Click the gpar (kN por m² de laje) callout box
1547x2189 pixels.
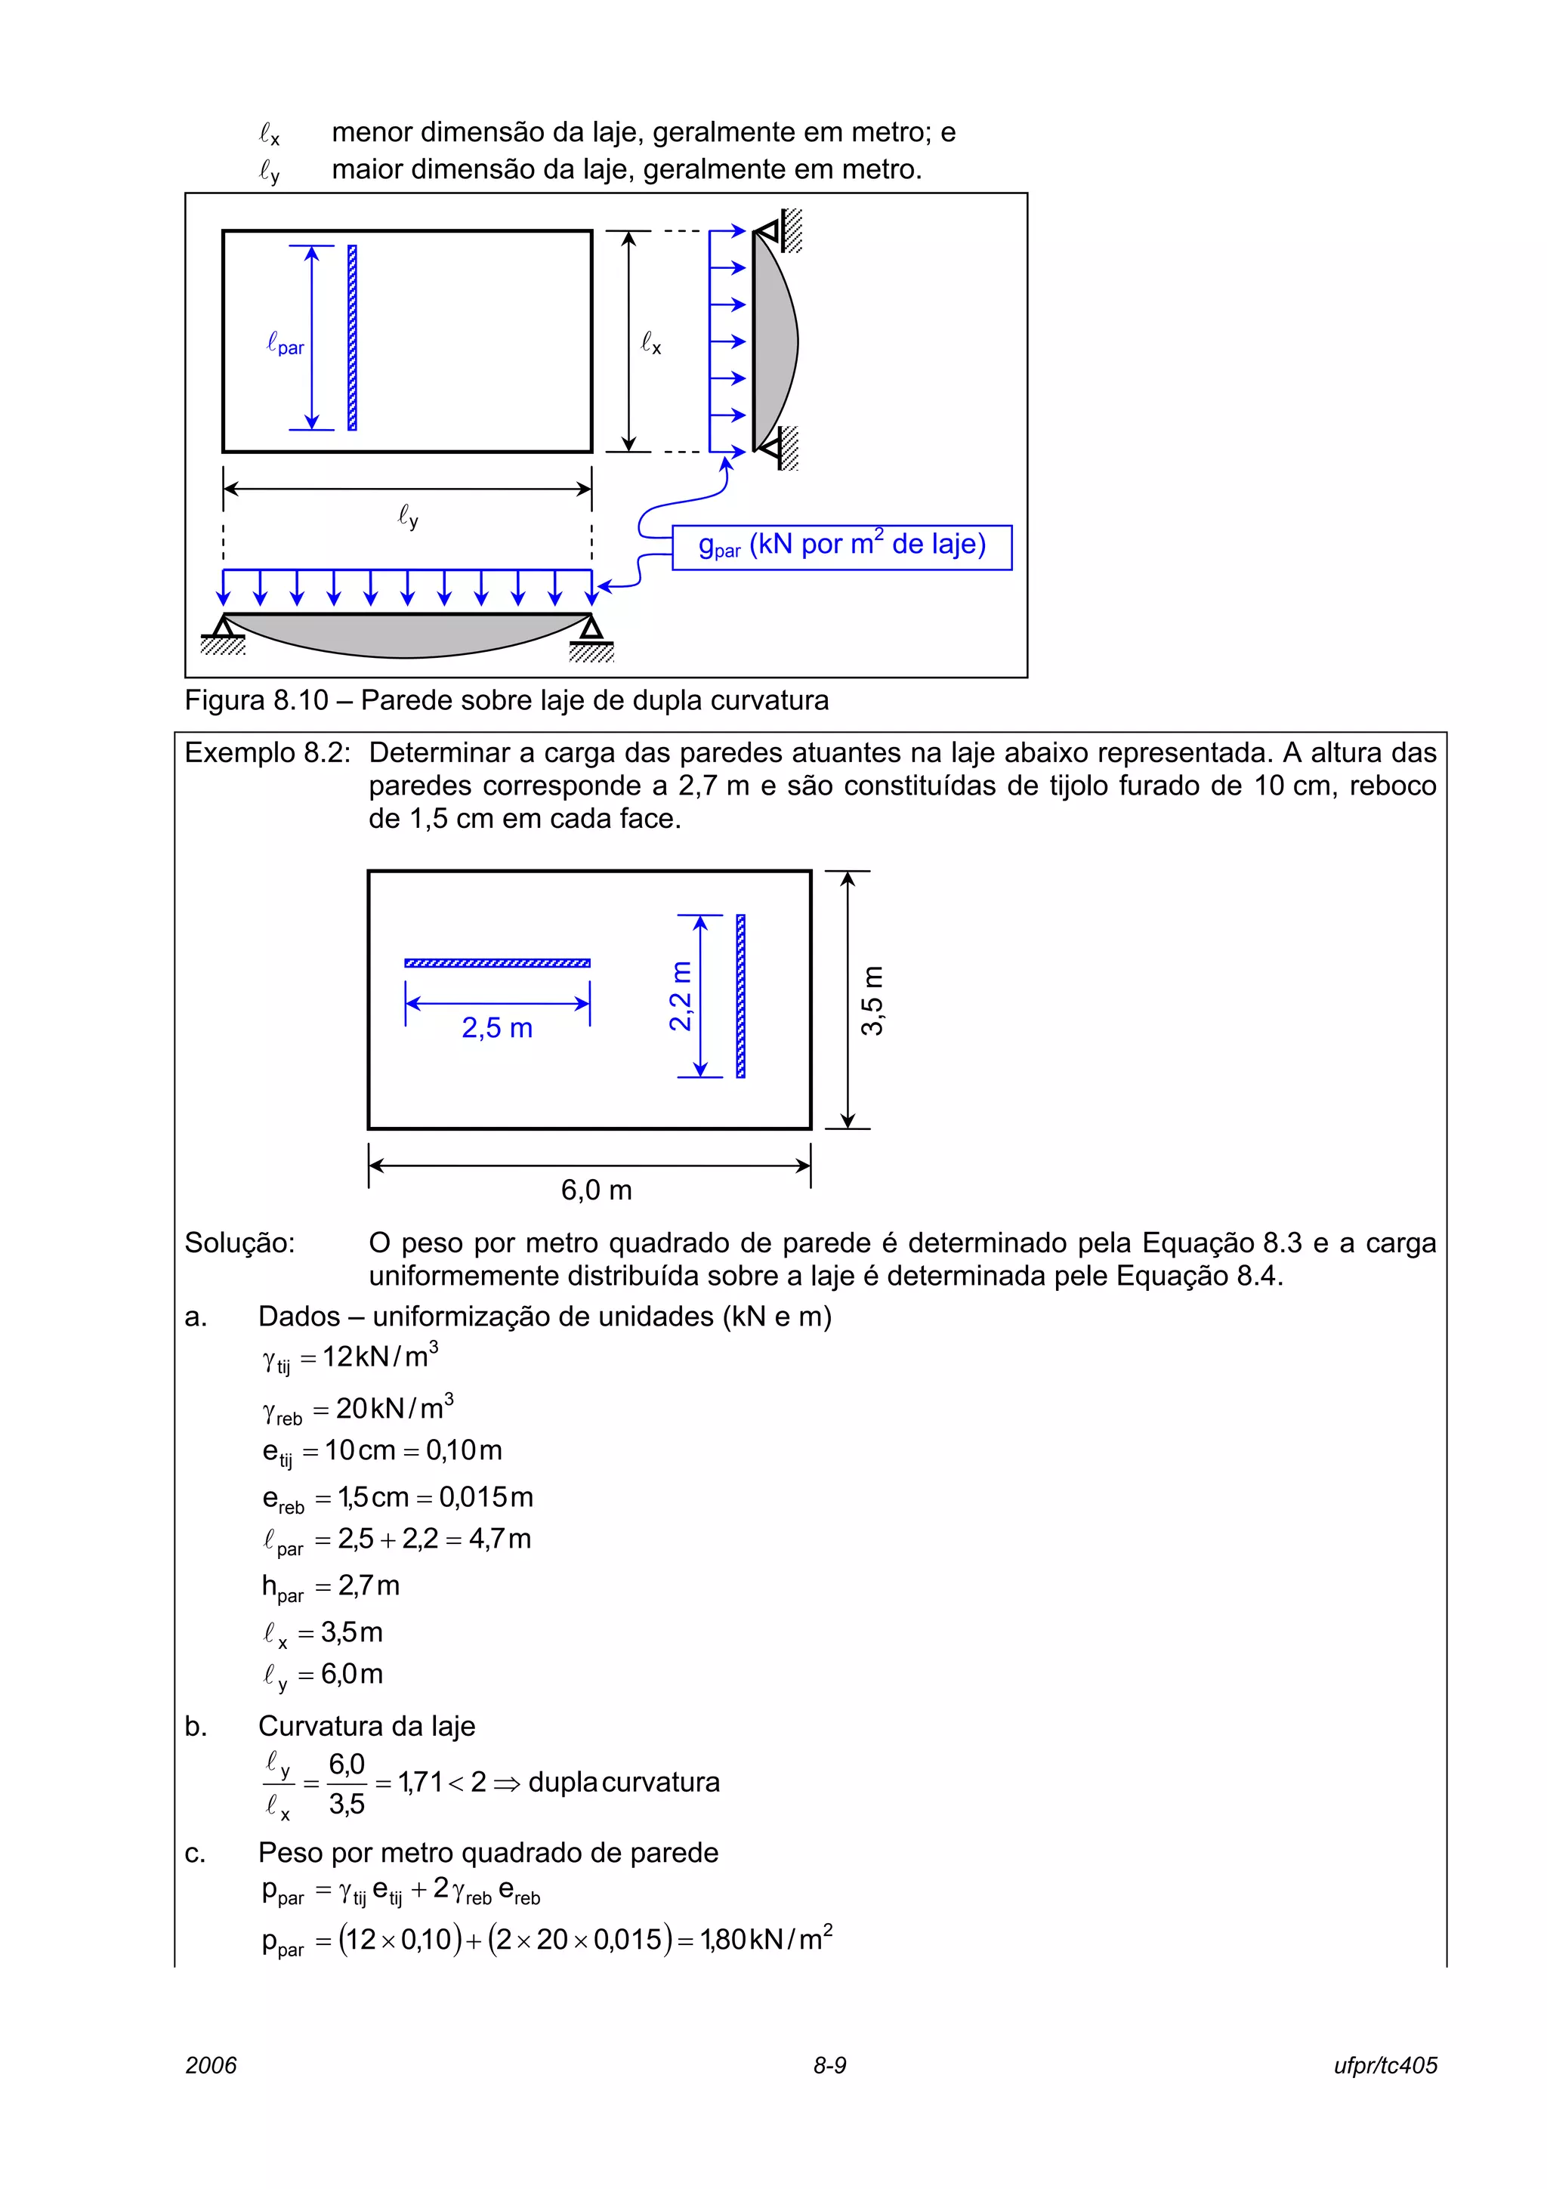point(841,546)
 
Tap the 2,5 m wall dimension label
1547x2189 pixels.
point(496,1028)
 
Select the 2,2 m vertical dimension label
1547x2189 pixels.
point(681,996)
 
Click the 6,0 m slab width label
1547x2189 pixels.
point(596,1190)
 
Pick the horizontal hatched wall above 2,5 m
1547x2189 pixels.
point(496,963)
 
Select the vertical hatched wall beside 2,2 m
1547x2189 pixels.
point(740,996)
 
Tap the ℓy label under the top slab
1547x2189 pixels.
point(408,517)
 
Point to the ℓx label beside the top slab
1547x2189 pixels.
point(651,342)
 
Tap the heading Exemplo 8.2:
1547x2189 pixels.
point(267,753)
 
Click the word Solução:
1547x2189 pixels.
point(239,1243)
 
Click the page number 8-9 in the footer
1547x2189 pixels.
point(829,2065)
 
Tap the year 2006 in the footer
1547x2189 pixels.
point(211,2065)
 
